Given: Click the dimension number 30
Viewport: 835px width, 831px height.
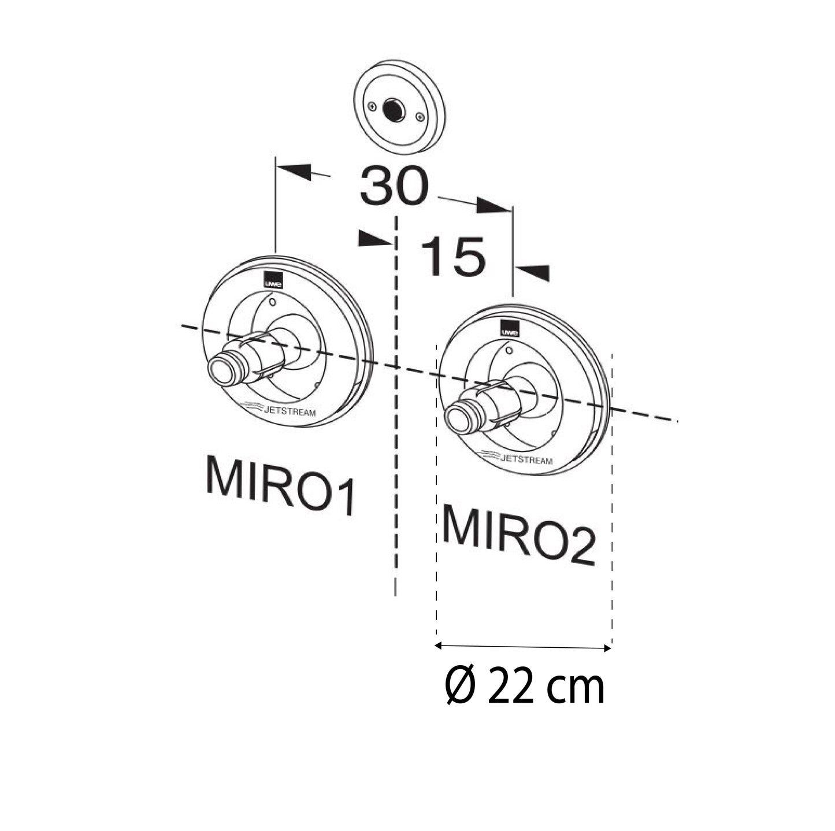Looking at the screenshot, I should click(394, 186).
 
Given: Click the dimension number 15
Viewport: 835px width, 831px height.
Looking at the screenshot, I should click(452, 257).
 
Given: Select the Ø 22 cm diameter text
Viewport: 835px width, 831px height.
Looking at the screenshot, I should click(525, 686).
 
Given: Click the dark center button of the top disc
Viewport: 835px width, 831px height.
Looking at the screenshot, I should click(394, 109).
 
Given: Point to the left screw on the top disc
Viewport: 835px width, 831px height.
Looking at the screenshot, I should click(372, 106).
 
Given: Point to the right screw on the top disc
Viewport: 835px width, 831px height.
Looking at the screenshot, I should click(420, 118).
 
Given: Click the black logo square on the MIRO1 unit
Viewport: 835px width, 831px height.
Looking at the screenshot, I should click(273, 279).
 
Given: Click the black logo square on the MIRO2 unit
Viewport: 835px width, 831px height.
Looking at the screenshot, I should click(510, 328).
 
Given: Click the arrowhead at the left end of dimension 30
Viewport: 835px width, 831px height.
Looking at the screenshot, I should click(293, 170).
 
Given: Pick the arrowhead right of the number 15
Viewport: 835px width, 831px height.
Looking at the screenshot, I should click(532, 272).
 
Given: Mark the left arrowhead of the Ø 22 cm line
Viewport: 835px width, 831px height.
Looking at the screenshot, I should click(439, 645).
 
